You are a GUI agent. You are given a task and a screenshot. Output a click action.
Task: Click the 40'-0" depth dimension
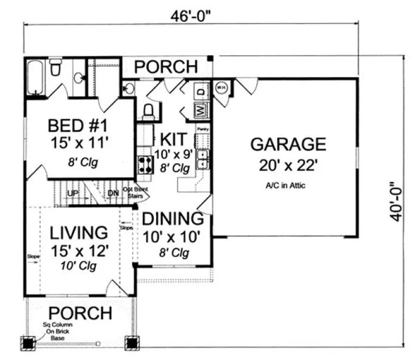click(x=399, y=201)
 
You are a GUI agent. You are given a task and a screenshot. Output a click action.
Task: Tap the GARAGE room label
click(x=288, y=144)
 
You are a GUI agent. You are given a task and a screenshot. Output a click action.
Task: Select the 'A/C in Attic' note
click(x=285, y=185)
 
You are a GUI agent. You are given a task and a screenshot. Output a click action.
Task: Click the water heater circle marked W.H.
click(x=221, y=87)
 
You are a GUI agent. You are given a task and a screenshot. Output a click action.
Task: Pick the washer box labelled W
click(x=199, y=111)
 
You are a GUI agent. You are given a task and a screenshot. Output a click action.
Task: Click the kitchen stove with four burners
click(x=145, y=162)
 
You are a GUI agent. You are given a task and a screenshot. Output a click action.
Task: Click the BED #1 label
click(x=79, y=126)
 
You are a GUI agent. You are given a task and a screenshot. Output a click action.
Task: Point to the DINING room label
click(x=172, y=220)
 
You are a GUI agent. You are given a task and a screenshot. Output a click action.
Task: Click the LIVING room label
click(x=79, y=233)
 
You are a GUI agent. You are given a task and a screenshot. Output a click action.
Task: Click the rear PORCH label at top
click(x=166, y=67)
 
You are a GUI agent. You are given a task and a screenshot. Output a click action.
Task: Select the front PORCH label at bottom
click(x=80, y=313)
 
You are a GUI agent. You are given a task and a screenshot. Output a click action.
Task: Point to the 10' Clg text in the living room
click(x=80, y=266)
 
